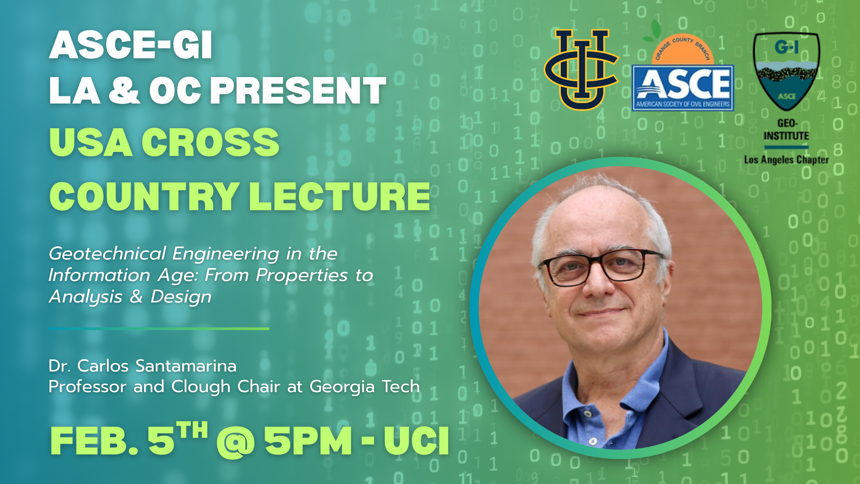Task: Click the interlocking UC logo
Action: point(581,69)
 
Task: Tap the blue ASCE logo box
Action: point(683,88)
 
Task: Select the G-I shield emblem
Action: point(787,71)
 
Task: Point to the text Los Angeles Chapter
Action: point(786,160)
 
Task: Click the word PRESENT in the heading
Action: point(298,91)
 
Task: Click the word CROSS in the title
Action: point(211,142)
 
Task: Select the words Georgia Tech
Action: point(365,386)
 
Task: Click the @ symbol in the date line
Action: point(236,441)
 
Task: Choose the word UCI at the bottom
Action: point(417,441)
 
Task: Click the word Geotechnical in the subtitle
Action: point(107,254)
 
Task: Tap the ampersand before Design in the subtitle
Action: point(136,297)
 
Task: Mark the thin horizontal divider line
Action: point(159,328)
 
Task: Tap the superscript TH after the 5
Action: point(192,430)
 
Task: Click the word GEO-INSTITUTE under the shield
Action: point(786,130)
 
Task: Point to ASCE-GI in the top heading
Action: point(130,45)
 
